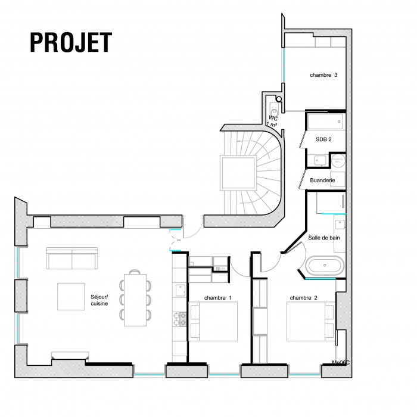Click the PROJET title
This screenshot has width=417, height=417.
70,42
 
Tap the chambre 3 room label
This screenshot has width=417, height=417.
323,75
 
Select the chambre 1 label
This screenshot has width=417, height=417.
217,297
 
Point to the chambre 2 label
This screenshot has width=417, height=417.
303,297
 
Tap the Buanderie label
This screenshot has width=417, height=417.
323,180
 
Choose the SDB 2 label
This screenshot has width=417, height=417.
323,139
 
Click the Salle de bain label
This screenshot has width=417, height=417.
324,238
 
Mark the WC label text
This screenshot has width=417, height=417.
273,118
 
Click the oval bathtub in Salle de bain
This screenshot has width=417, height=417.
324,265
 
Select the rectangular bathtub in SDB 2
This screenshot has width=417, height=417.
325,123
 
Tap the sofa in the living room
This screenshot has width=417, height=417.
71,260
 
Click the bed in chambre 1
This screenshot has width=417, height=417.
213,321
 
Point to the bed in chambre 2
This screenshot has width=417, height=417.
310,320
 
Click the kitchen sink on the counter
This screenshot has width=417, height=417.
179,290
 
